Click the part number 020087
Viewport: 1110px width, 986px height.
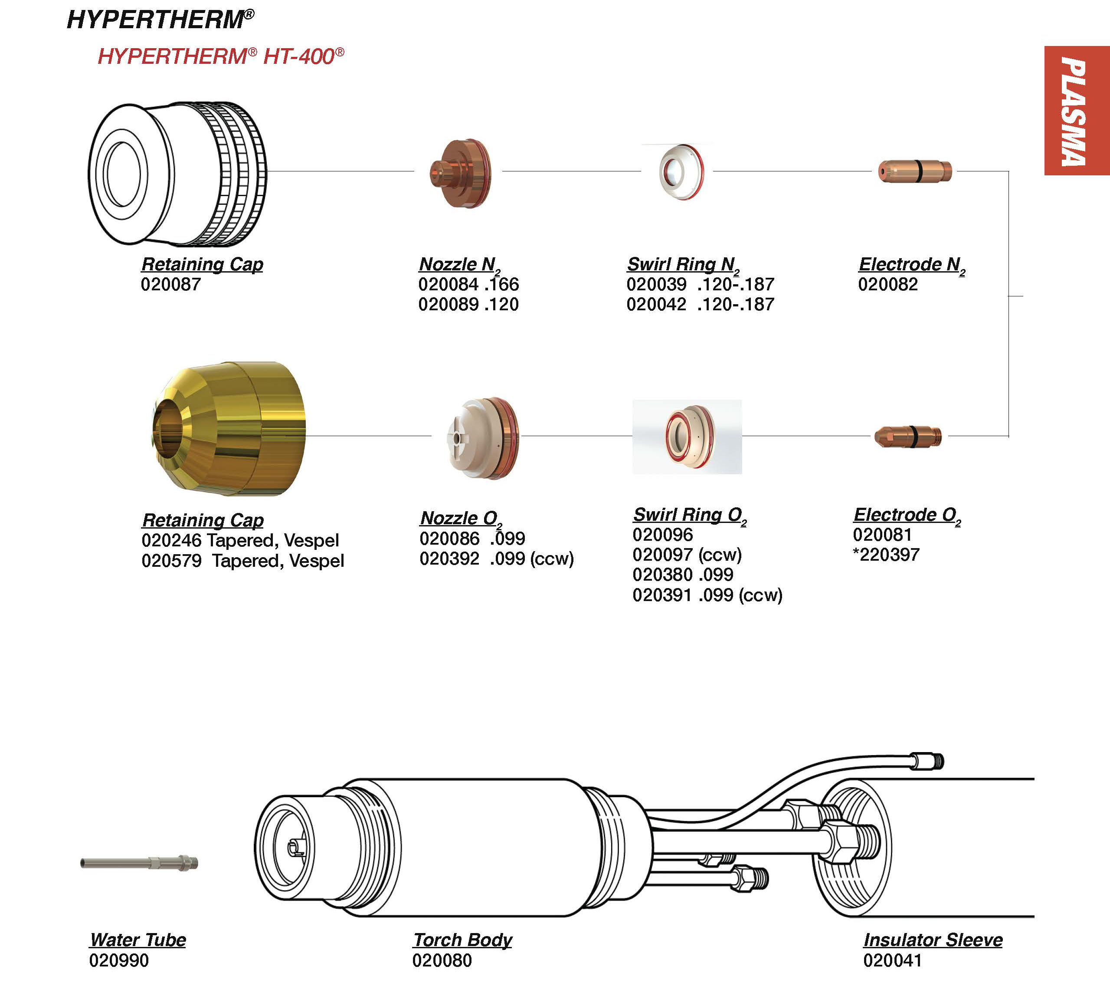(x=170, y=284)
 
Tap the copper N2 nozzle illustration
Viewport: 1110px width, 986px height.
(x=460, y=173)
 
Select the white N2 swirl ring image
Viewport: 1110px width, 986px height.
(x=681, y=172)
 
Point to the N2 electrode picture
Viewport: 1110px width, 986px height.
(x=914, y=171)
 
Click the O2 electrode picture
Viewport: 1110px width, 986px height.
(x=907, y=436)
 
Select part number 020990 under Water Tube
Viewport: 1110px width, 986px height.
(x=118, y=960)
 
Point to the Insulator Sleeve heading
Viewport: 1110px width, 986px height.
(x=933, y=940)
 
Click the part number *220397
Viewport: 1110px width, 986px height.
(x=886, y=555)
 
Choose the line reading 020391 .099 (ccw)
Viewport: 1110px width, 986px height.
(x=707, y=595)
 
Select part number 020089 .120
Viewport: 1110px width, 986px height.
(x=468, y=304)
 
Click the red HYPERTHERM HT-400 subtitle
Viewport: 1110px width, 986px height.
(x=220, y=56)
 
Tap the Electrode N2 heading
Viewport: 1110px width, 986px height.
(x=911, y=265)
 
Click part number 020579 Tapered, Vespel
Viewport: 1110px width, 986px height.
(x=243, y=561)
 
